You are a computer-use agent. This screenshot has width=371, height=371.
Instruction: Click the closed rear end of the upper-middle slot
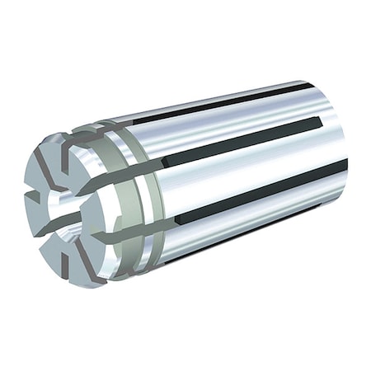318,123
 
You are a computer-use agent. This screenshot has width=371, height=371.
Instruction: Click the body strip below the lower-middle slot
247,231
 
